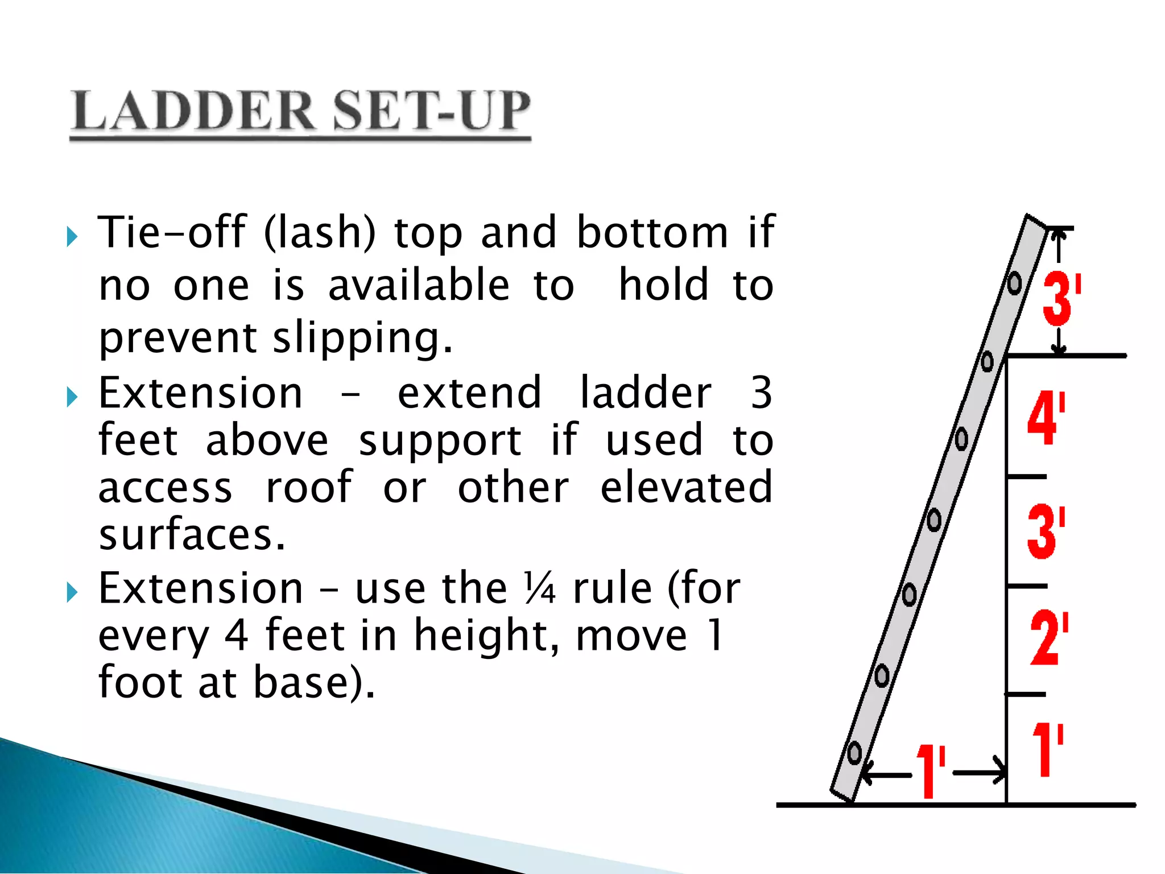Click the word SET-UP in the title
point(431,111)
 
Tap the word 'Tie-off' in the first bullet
point(172,233)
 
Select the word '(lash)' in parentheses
point(320,233)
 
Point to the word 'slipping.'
point(362,338)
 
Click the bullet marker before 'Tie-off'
point(72,236)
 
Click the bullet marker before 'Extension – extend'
point(72,397)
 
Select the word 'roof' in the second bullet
point(309,487)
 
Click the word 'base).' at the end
point(314,682)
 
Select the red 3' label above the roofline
point(1061,298)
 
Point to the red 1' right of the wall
point(1047,749)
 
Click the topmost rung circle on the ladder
point(1014,283)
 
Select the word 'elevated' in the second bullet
point(686,487)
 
